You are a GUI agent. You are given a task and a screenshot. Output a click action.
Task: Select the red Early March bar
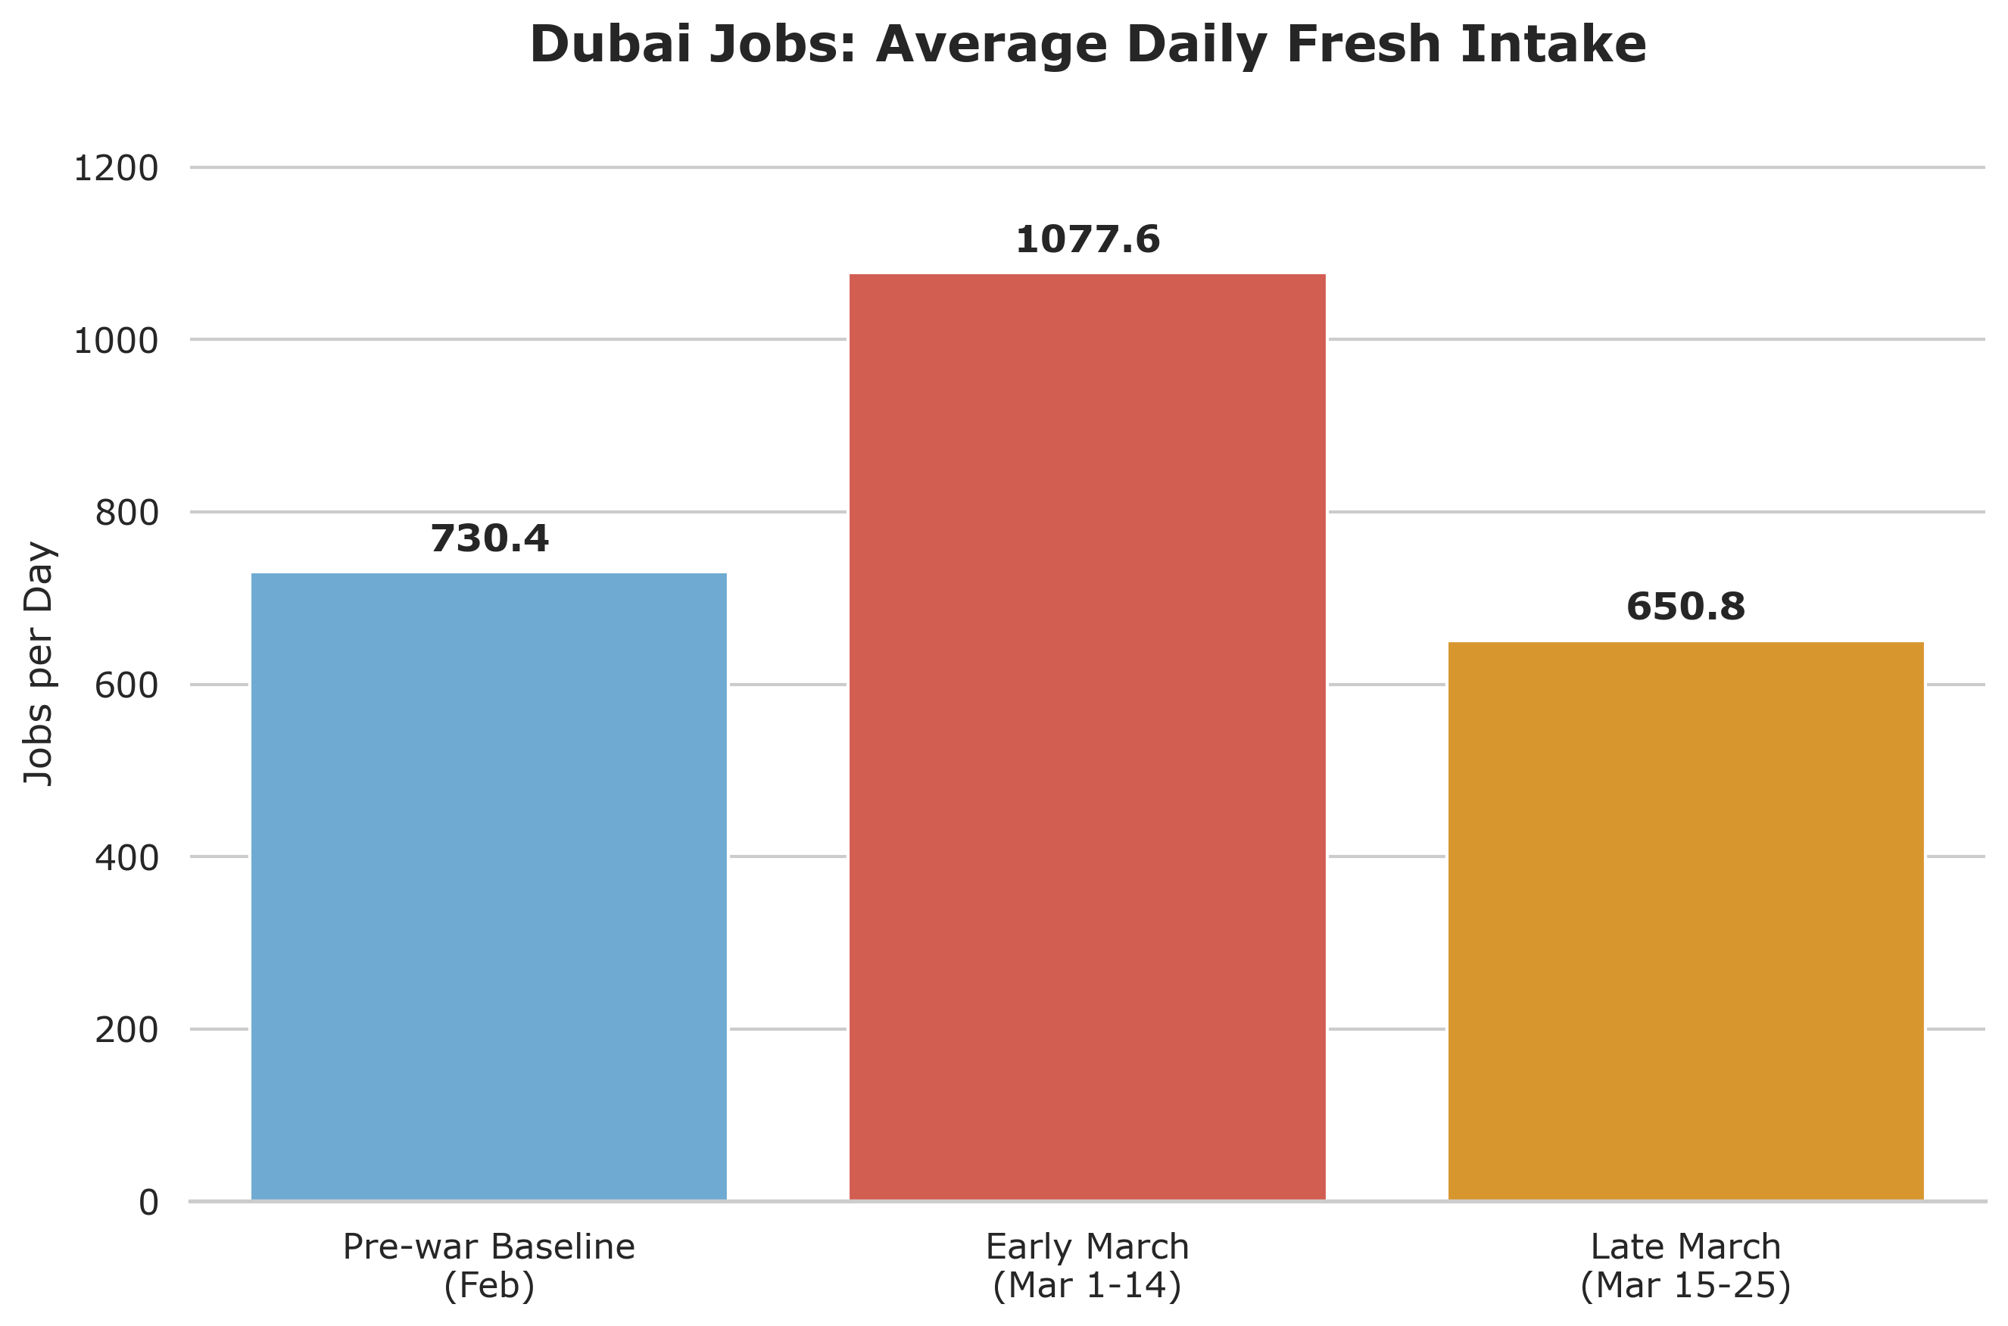pyautogui.click(x=1087, y=736)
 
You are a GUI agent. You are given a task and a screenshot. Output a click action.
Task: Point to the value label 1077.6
pyautogui.click(x=1087, y=240)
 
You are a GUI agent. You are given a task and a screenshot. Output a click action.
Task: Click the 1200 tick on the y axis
pyautogui.click(x=116, y=169)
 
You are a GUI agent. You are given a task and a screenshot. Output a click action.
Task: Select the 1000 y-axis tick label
pyautogui.click(x=116, y=342)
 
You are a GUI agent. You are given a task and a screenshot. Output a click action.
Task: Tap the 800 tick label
pyautogui.click(x=126, y=513)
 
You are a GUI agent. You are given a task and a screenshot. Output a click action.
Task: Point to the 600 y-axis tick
pyautogui.click(x=126, y=686)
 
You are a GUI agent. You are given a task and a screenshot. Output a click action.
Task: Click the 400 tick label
pyautogui.click(x=126, y=858)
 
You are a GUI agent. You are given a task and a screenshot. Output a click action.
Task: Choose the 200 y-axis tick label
pyautogui.click(x=126, y=1031)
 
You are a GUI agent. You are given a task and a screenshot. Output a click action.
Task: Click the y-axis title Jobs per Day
pyautogui.click(x=39, y=665)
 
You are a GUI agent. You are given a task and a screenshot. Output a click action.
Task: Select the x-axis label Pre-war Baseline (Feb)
pyautogui.click(x=488, y=1266)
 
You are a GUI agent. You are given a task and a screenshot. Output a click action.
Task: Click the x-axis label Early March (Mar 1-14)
pyautogui.click(x=1087, y=1266)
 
